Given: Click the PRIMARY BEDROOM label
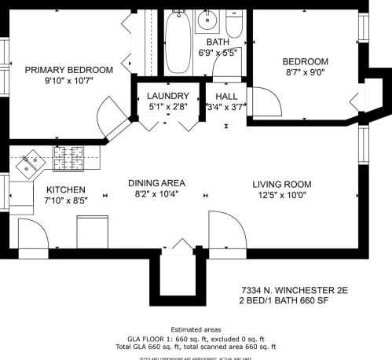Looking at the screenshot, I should tap(68, 70).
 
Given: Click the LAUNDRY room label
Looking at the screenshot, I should tap(166, 96).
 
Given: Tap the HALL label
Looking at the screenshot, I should tap(226, 96).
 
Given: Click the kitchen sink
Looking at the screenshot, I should tap(32, 163).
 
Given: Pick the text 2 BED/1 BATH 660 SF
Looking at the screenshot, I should tap(286, 300).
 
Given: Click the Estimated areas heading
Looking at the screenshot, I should tap(196, 329).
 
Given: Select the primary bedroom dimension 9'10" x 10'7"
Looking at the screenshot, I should tap(68, 82).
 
